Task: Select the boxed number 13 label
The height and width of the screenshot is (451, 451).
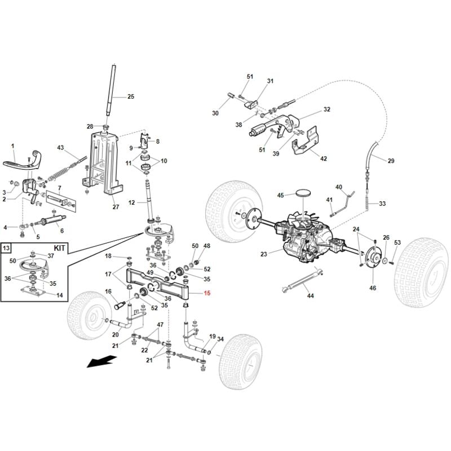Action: (7, 248)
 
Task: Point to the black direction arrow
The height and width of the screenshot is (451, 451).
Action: (101, 361)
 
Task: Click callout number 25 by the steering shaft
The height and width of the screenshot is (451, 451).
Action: (131, 97)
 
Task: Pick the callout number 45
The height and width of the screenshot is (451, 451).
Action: (280, 196)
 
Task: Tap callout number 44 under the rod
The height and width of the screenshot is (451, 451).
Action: (310, 295)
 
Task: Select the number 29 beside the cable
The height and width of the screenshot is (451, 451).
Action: (391, 161)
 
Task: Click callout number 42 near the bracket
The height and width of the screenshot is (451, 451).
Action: (323, 159)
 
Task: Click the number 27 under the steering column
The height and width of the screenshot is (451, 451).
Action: (116, 207)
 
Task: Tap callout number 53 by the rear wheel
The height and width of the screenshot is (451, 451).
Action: (397, 243)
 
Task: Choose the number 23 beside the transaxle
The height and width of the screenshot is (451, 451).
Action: (263, 254)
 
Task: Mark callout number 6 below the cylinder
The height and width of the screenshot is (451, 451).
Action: (61, 231)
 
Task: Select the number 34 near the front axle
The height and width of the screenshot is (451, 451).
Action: (220, 339)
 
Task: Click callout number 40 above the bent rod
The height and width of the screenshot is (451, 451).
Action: (339, 187)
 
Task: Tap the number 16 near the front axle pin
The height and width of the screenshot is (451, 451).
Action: (109, 291)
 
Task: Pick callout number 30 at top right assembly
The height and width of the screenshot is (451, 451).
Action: (215, 113)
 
